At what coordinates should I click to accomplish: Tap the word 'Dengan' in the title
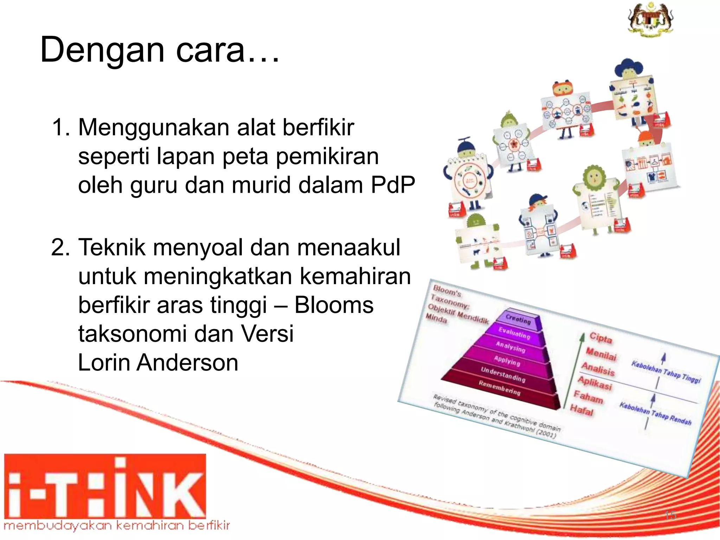pos(102,50)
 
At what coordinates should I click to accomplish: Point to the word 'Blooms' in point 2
pos(334,305)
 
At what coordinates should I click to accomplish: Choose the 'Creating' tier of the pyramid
pos(518,319)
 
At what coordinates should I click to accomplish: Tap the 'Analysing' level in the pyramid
pos(510,347)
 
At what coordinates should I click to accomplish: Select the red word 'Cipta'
pos(601,337)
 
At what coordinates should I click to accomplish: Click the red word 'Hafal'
pos(582,410)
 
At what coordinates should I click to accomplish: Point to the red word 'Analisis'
pos(598,369)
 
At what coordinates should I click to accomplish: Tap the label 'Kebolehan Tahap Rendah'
pos(655,413)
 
